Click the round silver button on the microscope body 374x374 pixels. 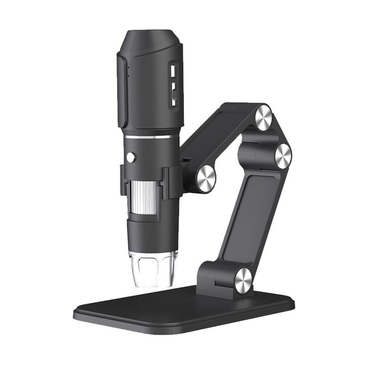131,157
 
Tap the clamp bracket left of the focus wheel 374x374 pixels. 123,180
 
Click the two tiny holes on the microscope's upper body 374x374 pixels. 128,72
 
